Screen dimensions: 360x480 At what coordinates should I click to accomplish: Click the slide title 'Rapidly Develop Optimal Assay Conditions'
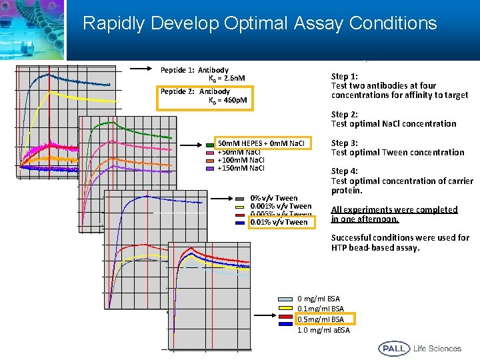[259, 24]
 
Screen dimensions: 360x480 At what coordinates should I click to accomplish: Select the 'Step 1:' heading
[345, 76]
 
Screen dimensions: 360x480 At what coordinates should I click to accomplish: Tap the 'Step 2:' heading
[345, 114]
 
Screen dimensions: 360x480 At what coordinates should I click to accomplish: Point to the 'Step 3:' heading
[345, 143]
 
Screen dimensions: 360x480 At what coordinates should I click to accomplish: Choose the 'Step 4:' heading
[345, 171]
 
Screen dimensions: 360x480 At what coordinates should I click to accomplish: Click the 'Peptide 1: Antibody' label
[195, 70]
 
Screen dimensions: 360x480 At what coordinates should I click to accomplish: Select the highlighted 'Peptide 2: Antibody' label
[195, 91]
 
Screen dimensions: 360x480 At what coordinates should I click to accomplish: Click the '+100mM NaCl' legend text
[241, 160]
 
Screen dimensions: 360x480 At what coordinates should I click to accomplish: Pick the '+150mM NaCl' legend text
[241, 168]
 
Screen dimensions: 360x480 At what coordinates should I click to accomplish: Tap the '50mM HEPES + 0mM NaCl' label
[261, 143]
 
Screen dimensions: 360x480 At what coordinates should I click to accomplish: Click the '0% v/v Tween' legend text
[274, 198]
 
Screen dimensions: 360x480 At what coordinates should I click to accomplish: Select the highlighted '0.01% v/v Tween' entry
[279, 222]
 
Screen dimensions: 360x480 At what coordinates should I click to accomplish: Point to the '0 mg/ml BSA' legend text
[318, 299]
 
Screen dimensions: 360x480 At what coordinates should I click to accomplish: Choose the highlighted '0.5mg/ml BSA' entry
[321, 319]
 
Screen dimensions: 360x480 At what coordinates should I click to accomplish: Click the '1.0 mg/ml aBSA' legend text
[323, 330]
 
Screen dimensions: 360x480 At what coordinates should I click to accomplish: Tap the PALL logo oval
[394, 348]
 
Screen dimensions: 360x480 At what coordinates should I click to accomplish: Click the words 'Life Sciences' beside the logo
[437, 348]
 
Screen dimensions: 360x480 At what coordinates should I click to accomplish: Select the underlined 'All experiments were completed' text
[394, 209]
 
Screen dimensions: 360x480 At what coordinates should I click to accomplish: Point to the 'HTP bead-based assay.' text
[375, 247]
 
